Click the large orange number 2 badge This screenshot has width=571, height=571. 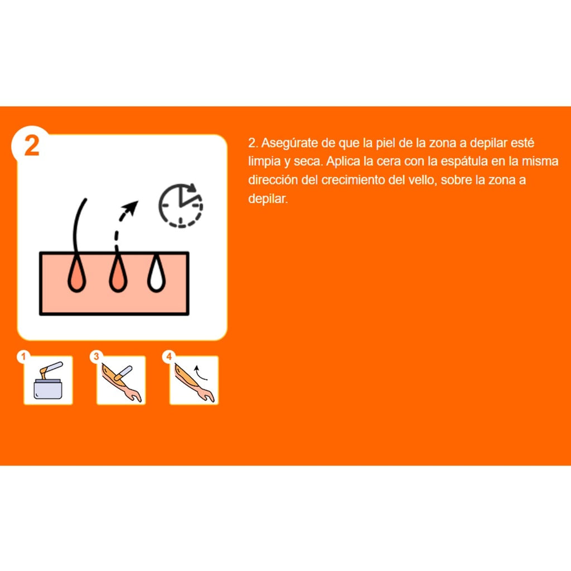[32, 146]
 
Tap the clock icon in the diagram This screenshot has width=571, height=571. [181, 206]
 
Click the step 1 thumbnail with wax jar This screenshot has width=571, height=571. [48, 380]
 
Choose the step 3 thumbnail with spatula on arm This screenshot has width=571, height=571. [121, 380]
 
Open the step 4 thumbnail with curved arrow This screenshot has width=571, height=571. [193, 380]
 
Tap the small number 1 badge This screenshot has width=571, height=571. [23, 356]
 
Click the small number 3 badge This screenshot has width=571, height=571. [96, 356]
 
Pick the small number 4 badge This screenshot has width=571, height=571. [168, 356]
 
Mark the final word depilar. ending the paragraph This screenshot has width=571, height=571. [268, 199]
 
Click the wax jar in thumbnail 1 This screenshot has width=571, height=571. [48, 388]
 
